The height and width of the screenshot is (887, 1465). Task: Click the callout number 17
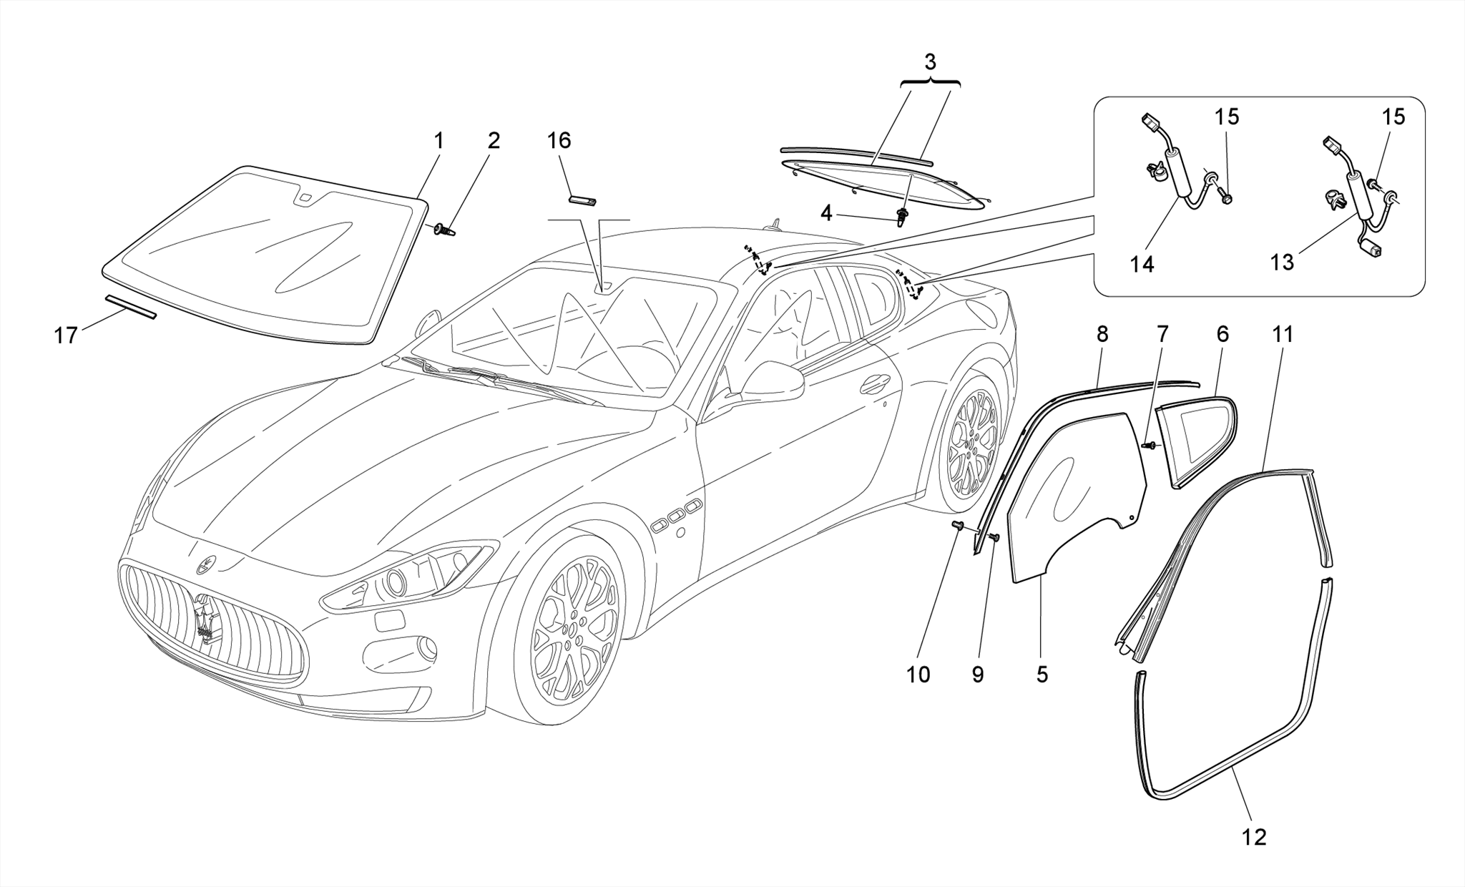pos(66,335)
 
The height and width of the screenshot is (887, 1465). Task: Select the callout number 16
pos(559,141)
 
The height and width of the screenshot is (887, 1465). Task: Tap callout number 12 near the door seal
pos(1255,837)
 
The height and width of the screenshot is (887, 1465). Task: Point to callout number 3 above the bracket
pos(930,62)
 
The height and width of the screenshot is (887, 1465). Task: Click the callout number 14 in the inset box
pos(1142,264)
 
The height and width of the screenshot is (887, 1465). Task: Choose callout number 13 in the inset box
pos(1282,263)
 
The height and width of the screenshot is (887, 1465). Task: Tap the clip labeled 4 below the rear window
pos(903,215)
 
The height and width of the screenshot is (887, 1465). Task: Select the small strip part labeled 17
pos(130,305)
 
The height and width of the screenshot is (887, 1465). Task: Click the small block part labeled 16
pos(583,199)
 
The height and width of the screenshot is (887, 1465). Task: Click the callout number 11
pos(1283,334)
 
